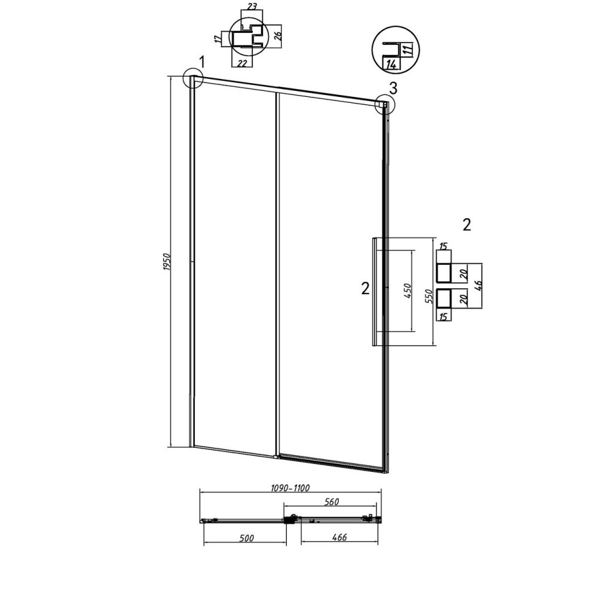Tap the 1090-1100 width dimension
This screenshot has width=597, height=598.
[290, 487]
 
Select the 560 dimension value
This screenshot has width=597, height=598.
[331, 502]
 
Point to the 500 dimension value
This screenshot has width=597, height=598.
[246, 538]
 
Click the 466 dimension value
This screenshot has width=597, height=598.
[339, 537]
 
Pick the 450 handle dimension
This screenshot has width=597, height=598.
[408, 291]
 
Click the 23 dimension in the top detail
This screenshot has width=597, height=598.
[252, 6]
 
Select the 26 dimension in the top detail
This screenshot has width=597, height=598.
[278, 35]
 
